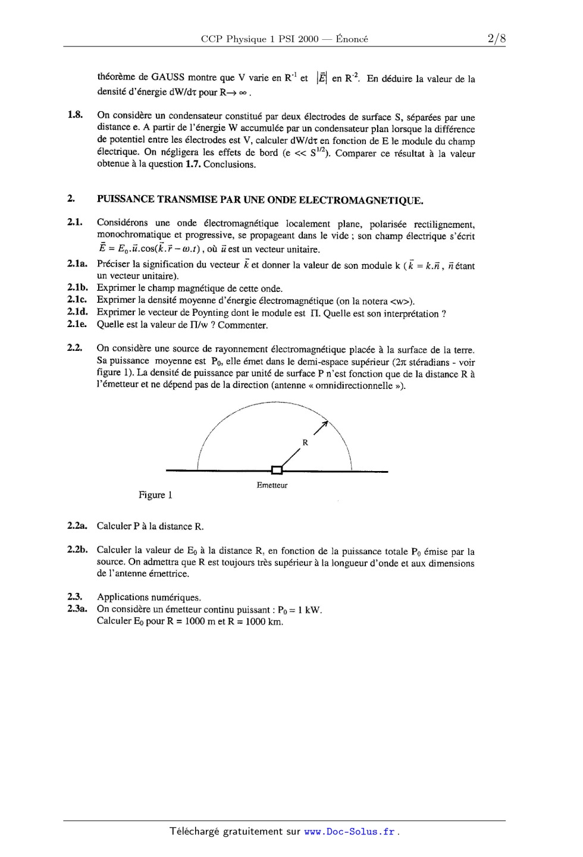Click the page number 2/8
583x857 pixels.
coord(496,39)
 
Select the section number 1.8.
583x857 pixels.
coord(74,115)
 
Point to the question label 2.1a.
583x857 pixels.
coord(77,264)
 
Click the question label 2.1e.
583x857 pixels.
coord(77,324)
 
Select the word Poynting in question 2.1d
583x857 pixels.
coord(211,313)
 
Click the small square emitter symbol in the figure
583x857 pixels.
coord(277,470)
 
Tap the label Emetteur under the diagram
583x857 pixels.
coord(272,485)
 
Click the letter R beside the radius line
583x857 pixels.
coord(305,442)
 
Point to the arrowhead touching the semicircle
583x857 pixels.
coord(324,424)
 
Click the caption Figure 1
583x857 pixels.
coord(155,495)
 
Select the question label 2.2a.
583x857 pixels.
coord(77,526)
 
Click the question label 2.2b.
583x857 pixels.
coord(77,550)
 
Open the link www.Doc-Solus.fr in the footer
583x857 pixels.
coord(349,832)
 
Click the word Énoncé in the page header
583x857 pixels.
coord(352,39)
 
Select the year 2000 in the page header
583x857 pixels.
coord(308,39)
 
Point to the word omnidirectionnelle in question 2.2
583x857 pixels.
coord(353,385)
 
